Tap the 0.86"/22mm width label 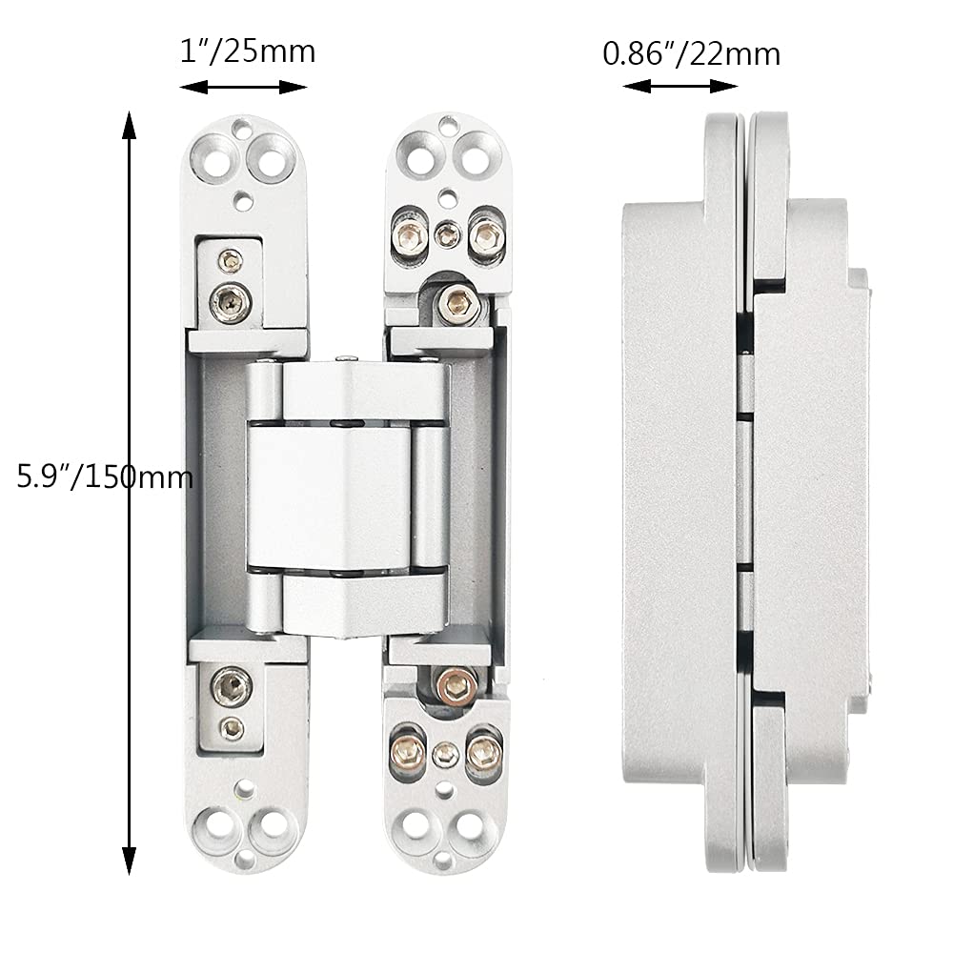tap(691, 53)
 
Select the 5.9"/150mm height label tap(105, 475)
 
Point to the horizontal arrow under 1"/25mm tap(244, 88)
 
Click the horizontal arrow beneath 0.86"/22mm tap(680, 86)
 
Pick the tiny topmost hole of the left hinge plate tap(246, 123)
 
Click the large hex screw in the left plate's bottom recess tap(230, 683)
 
